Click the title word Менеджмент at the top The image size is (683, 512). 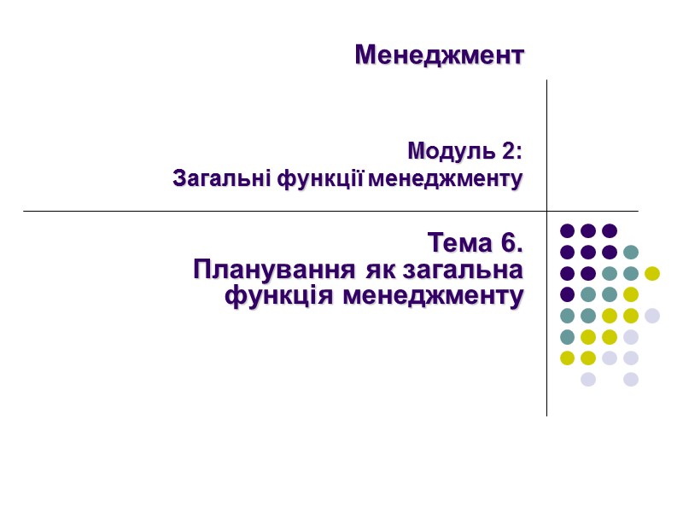pos(439,55)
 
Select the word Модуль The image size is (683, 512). pos(447,152)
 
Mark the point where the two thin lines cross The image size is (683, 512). pos(546,211)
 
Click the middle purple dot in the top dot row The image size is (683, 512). pos(588,230)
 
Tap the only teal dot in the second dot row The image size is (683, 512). pos(631,252)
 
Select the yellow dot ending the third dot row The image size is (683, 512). pos(652,273)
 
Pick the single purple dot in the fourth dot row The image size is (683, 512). pos(567,294)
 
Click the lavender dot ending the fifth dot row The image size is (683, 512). pos(652,316)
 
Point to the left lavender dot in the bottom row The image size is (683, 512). pos(588,379)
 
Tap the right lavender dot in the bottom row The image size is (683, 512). pos(631,379)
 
